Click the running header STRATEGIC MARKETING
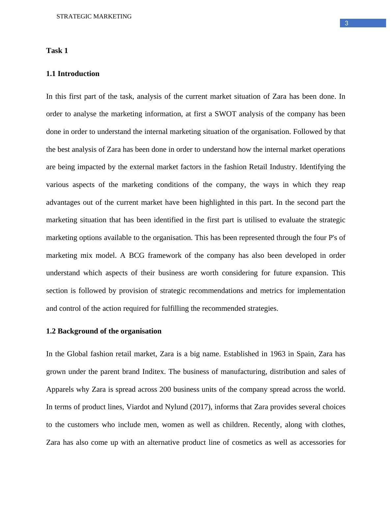pyautogui.click(x=94, y=16)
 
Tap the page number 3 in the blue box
pyautogui.click(x=346, y=23)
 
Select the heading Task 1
pyautogui.click(x=57, y=51)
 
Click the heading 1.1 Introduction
pyautogui.click(x=72, y=74)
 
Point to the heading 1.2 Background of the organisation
pyautogui.click(x=104, y=331)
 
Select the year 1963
pyautogui.click(x=277, y=354)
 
